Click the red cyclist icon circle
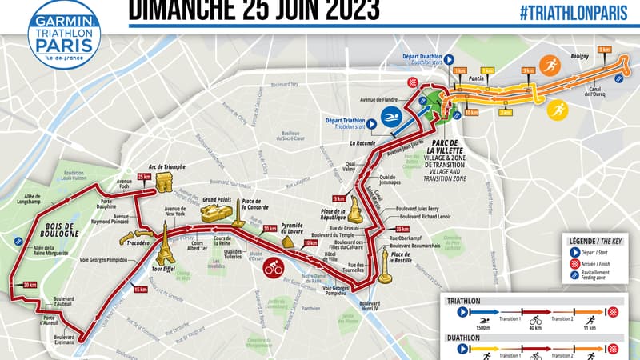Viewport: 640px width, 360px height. [274, 267]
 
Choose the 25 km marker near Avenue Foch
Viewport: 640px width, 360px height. [144, 176]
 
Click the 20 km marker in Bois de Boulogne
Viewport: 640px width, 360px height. [30, 285]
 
